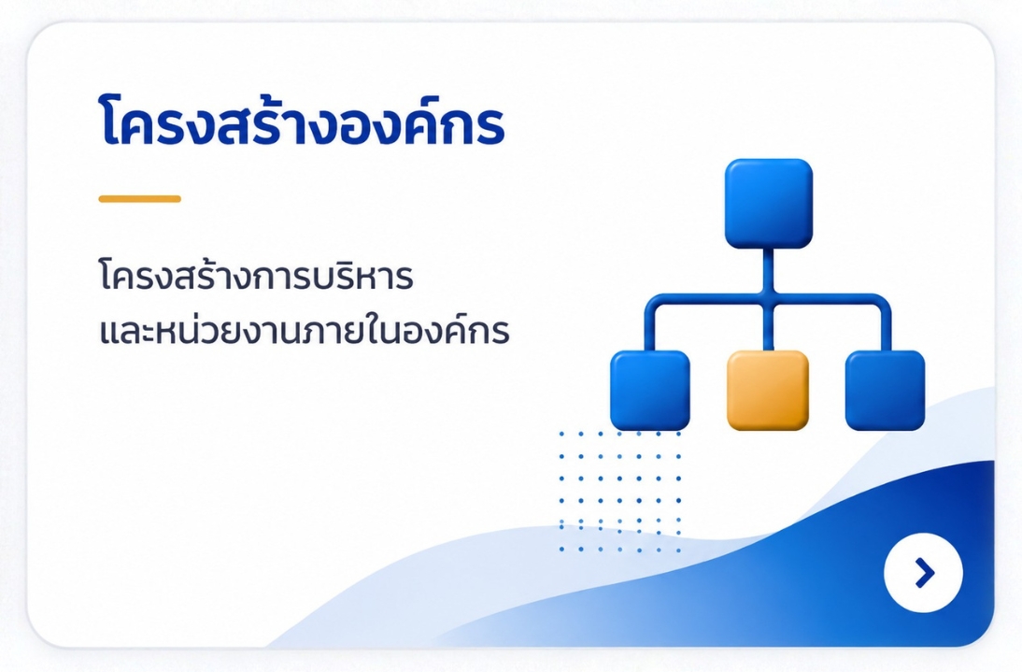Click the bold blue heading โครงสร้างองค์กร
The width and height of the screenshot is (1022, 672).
(x=303, y=122)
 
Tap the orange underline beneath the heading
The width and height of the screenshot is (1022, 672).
(x=139, y=199)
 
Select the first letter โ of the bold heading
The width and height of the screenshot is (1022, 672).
(x=113, y=122)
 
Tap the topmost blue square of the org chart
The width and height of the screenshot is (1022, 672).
(x=769, y=204)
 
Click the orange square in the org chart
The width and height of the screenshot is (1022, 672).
(x=768, y=391)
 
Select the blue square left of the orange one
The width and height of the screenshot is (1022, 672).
(x=650, y=391)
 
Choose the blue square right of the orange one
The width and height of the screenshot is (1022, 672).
(x=885, y=391)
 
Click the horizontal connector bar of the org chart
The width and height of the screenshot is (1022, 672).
(x=768, y=299)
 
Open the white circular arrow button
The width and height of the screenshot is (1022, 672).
(x=923, y=573)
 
